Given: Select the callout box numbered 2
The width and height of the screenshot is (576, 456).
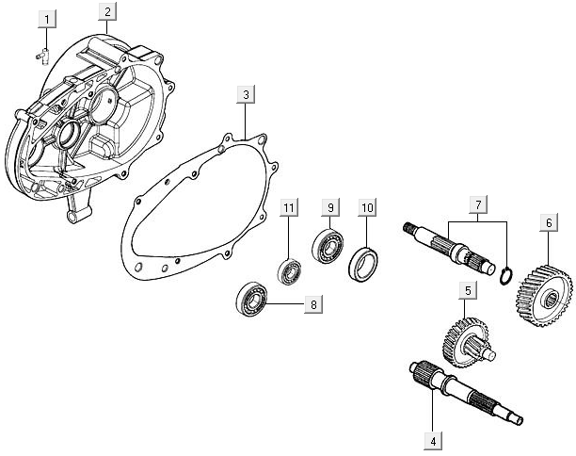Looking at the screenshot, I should (x=109, y=11).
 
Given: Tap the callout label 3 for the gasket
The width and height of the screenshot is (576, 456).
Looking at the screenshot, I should (x=245, y=95).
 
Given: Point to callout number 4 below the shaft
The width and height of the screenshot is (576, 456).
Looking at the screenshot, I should (x=432, y=439).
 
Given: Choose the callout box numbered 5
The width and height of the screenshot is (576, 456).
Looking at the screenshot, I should (x=465, y=291).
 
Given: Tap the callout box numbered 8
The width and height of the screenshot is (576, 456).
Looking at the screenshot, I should (x=312, y=304).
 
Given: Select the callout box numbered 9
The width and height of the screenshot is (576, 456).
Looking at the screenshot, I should (x=329, y=206).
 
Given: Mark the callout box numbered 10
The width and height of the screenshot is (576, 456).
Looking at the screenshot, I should (x=367, y=206).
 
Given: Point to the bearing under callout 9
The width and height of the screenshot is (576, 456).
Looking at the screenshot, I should (x=327, y=248).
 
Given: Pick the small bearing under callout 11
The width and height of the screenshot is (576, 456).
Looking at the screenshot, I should (x=289, y=269).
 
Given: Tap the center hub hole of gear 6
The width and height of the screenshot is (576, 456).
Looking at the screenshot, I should (x=550, y=300).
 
